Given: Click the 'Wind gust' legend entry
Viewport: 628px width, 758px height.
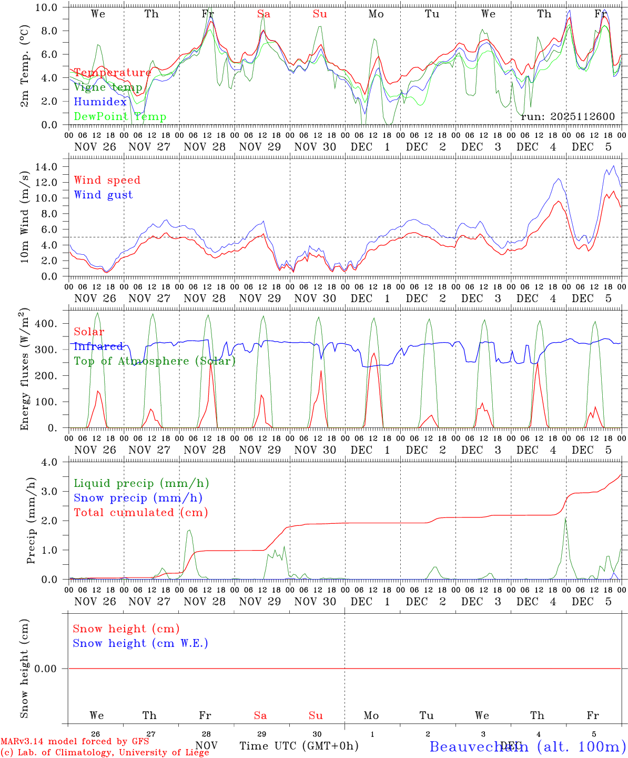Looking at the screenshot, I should (x=103, y=195).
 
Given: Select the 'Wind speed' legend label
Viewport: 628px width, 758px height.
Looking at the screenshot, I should (x=107, y=180).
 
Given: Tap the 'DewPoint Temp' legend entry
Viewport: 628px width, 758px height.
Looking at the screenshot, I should (x=120, y=116).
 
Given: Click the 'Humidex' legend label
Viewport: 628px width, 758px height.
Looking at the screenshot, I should (x=100, y=102).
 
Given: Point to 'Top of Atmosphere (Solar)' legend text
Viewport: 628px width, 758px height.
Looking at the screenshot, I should (x=155, y=361).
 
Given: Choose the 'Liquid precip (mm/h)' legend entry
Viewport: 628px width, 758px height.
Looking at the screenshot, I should (x=141, y=483).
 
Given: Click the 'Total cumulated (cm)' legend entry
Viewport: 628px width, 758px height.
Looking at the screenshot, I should (x=141, y=512).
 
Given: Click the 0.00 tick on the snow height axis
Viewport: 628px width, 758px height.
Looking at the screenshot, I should (x=52, y=669).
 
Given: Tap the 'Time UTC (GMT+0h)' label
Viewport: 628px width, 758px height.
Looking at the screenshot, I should (x=299, y=746).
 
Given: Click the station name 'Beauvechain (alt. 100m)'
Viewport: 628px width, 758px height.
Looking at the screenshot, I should (x=528, y=746).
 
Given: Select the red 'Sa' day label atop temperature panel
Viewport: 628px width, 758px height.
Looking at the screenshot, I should (x=264, y=14).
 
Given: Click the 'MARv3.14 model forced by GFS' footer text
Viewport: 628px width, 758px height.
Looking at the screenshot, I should (x=75, y=741).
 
